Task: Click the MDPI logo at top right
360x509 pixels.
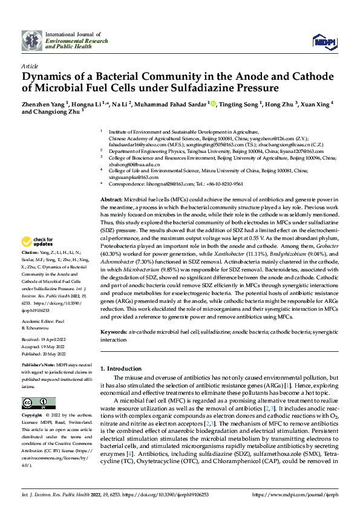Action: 324,40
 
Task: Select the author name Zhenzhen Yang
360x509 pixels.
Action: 42,104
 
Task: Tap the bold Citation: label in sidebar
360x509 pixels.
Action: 30,268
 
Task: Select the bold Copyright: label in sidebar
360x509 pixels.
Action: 33,416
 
